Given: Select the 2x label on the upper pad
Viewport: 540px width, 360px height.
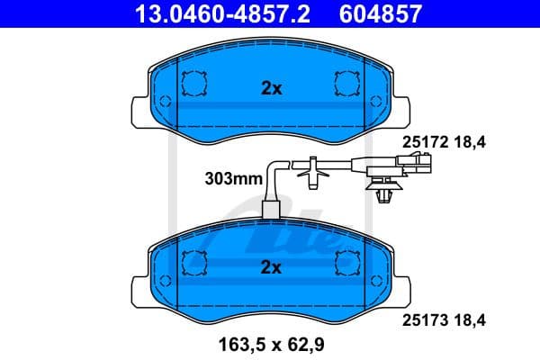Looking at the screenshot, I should (271, 88).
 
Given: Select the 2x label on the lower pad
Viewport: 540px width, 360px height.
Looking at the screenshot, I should (271, 267).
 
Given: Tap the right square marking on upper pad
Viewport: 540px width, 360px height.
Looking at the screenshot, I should (346, 84).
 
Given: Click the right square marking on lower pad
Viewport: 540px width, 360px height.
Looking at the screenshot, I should (346, 263).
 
